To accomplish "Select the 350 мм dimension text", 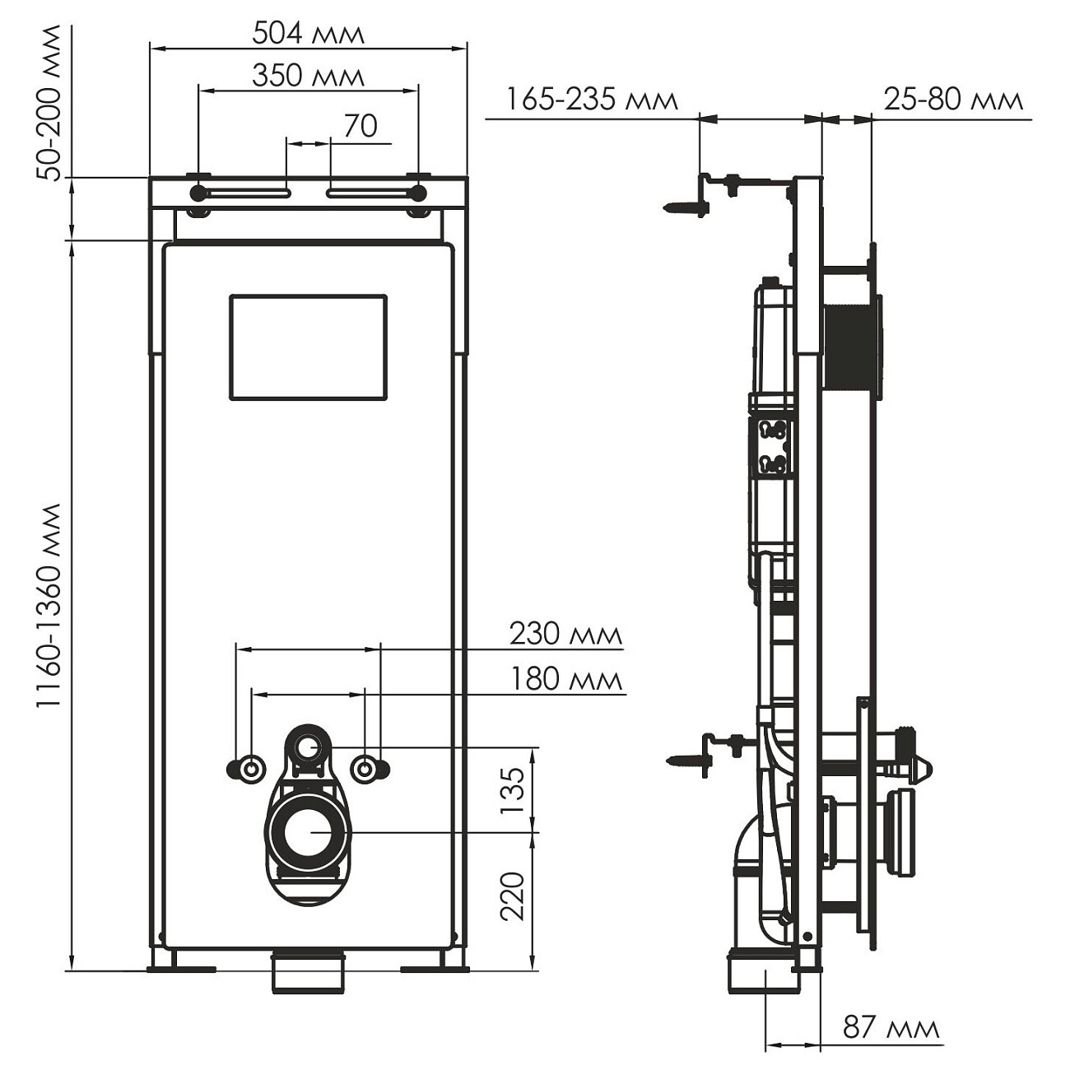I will (x=308, y=76).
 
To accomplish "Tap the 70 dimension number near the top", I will (x=360, y=126).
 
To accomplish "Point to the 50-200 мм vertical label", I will (x=51, y=103).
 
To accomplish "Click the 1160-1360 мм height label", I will (x=51, y=605).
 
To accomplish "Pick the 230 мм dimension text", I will (x=565, y=634).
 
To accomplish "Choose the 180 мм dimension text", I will (x=565, y=679).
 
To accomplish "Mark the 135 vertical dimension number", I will (x=512, y=790).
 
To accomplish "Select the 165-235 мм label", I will (x=592, y=100).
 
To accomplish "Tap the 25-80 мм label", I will (x=953, y=100).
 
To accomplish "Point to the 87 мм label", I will (x=891, y=1027).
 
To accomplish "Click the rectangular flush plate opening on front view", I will (x=308, y=347).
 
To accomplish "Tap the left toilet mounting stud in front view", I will (x=249, y=769).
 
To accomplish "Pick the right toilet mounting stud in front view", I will (x=365, y=769).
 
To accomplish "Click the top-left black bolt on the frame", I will (x=198, y=193).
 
